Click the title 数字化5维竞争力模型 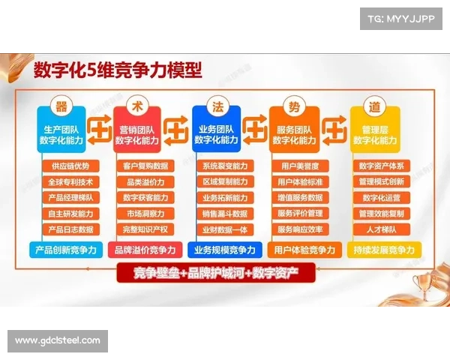[x=118, y=71]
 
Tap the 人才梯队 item [x=381, y=229]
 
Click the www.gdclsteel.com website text [x=57, y=340]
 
